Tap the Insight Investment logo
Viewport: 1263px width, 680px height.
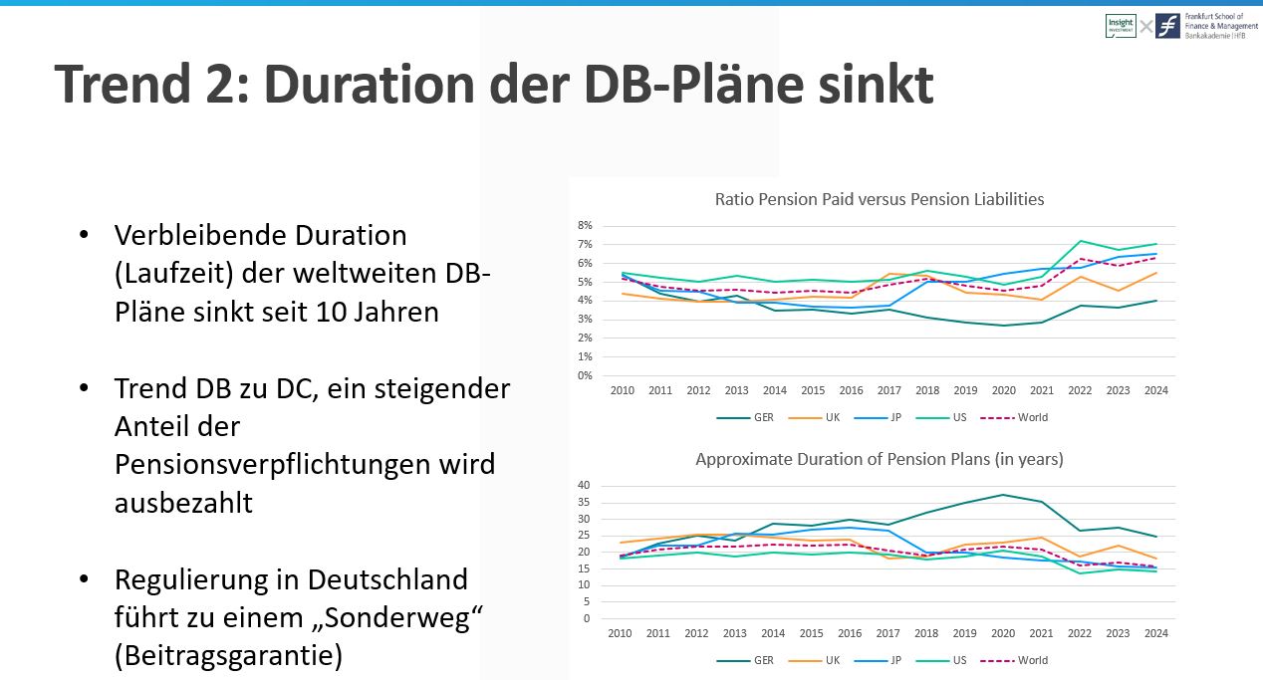pos(1120,26)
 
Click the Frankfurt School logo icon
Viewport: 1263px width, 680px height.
pos(1168,26)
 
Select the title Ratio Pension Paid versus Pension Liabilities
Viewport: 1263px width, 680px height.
pos(880,199)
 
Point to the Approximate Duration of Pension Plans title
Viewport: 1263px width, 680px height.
pos(880,459)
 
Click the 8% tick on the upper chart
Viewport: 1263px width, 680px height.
pos(586,225)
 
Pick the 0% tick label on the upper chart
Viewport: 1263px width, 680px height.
pos(586,375)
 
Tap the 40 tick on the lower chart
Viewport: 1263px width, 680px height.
pos(585,486)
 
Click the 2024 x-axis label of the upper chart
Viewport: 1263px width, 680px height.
pos(1155,391)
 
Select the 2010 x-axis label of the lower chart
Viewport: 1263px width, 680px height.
pos(620,634)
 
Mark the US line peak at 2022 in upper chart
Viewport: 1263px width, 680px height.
pos(1080,241)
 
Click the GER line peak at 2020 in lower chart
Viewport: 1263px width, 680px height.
pos(1003,495)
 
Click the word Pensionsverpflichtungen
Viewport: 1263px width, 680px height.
pos(305,464)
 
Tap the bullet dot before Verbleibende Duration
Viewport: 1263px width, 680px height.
pos(84,236)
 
